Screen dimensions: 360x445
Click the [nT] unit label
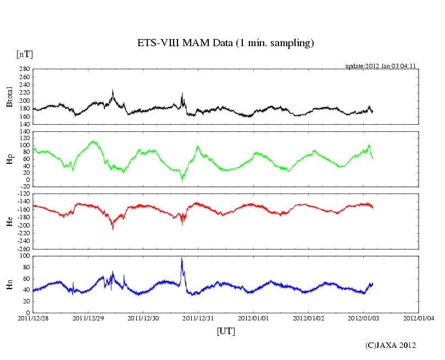tap(24, 54)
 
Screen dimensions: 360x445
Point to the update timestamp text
tap(381, 66)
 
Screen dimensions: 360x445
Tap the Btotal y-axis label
tap(9, 97)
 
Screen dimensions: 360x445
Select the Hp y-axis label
tap(9, 158)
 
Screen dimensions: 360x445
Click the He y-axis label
tap(9, 221)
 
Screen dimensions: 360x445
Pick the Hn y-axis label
tap(9, 284)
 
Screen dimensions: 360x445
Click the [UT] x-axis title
tap(226, 331)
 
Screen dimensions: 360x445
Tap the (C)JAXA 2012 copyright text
tap(391, 346)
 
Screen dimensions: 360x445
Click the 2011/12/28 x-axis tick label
tap(33, 318)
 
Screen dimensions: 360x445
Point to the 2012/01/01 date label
tap(253, 318)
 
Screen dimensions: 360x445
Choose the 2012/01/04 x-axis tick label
tap(419, 318)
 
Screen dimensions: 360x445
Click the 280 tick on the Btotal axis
tap(24, 70)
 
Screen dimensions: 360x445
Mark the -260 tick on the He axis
tap(23, 248)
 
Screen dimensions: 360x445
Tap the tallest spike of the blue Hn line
tap(182, 258)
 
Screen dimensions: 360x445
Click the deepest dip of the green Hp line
tap(182, 180)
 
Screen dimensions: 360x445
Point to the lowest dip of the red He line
tap(113, 228)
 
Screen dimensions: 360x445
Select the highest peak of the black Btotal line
tap(113, 90)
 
